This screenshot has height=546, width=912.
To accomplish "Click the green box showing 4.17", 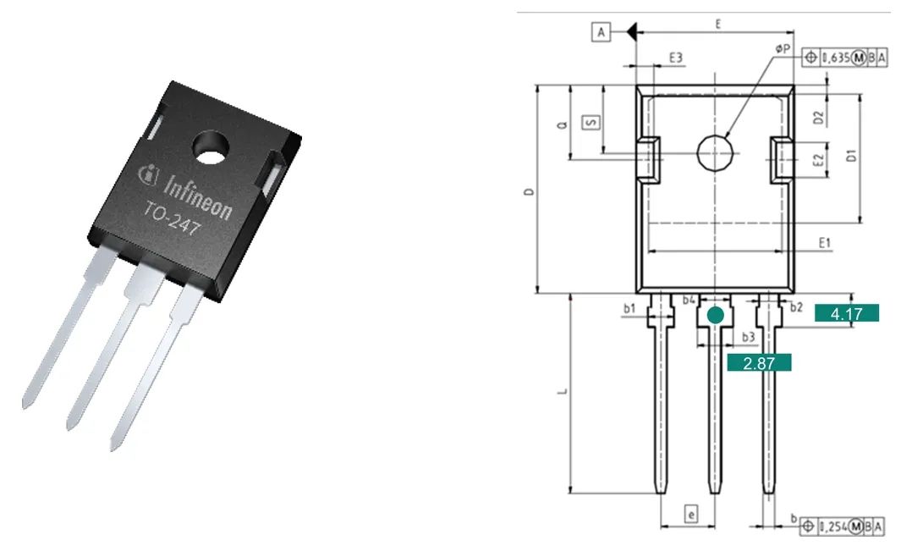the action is (x=846, y=313).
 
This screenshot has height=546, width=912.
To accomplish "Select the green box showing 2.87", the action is (x=759, y=362).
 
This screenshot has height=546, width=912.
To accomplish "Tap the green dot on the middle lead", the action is (x=716, y=316).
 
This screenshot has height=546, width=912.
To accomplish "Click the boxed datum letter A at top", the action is (x=601, y=31).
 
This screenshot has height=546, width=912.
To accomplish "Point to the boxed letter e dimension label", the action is (x=691, y=514).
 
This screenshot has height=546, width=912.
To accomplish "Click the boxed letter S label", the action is (x=591, y=122).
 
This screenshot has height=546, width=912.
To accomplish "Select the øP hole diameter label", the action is (x=783, y=49).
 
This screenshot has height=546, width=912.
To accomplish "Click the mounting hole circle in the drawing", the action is (x=715, y=153).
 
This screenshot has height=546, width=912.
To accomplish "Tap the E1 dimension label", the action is (x=825, y=243).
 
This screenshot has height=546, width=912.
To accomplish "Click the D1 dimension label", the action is (x=851, y=156).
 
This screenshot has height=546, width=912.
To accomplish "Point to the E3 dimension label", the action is (x=675, y=58).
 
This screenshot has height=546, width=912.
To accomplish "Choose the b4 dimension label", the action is (x=689, y=300).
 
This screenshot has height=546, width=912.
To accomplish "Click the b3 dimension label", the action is (x=748, y=337).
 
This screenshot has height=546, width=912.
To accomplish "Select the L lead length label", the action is (x=563, y=392).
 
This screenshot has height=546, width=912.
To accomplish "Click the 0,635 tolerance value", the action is (x=837, y=58).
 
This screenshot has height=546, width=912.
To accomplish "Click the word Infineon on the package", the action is (x=198, y=196).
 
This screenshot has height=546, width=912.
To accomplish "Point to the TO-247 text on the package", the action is (x=173, y=219).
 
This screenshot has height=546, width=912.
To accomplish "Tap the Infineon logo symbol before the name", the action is (x=149, y=173).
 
